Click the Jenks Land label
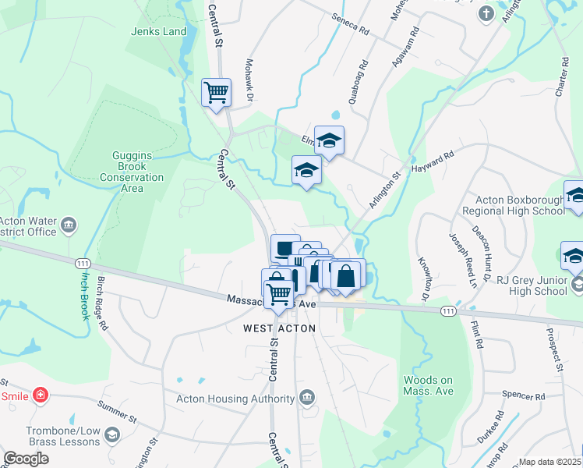click(159, 32)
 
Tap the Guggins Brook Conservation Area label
click(132, 172)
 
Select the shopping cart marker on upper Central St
click(216, 92)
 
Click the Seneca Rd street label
click(350, 25)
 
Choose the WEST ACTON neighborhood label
click(280, 328)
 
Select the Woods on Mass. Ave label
click(428, 385)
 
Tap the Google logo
click(26, 459)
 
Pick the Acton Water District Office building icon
click(68, 226)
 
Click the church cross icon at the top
click(486, 13)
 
